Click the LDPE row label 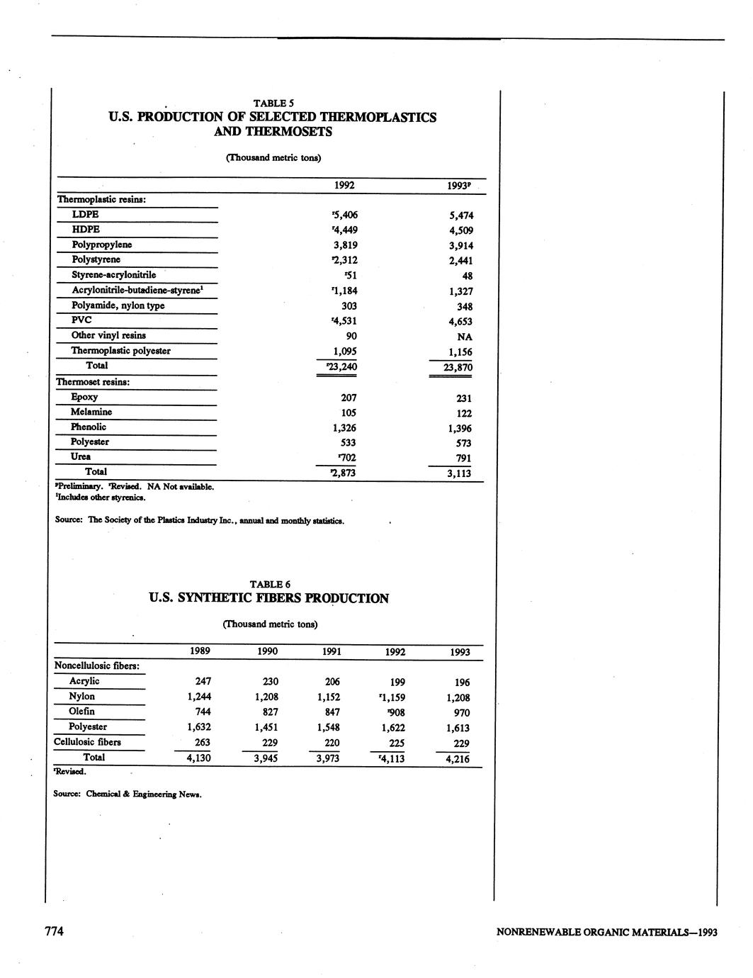click(85, 214)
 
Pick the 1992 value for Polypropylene click(345, 245)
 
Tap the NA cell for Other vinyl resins click(465, 337)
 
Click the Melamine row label click(91, 412)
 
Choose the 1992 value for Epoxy click(349, 398)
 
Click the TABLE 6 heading click(270, 584)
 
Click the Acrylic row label click(84, 681)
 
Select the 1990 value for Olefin click(266, 712)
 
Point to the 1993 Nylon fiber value click(458, 697)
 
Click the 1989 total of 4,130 click(199, 758)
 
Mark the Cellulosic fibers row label click(87, 742)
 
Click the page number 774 click(55, 931)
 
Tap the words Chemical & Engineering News click(144, 794)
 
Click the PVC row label click(81, 320)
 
